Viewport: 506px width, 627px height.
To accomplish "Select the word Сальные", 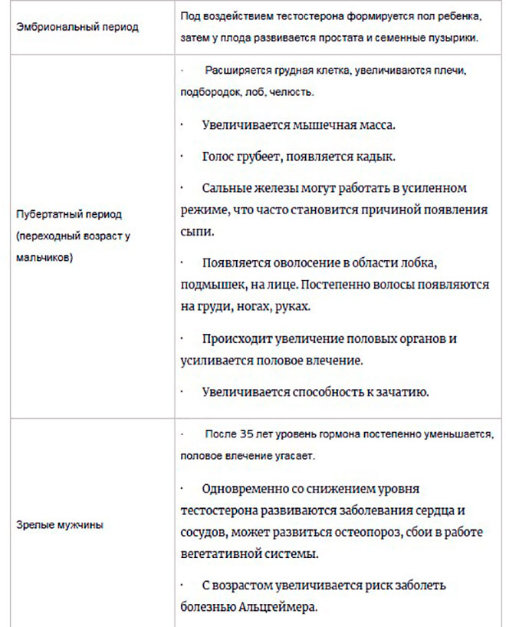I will tap(227, 188).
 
